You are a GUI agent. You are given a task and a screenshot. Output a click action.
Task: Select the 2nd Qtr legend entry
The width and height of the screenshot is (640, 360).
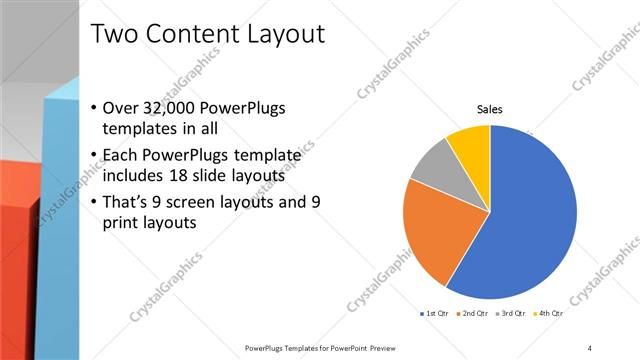pos(474,314)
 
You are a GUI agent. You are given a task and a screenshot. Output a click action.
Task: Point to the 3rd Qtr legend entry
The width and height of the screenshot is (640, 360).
pos(512,314)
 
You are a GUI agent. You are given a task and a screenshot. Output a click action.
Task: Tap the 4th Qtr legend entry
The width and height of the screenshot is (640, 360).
pos(549,314)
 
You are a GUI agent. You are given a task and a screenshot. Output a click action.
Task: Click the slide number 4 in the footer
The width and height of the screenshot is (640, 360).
pos(590,348)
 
